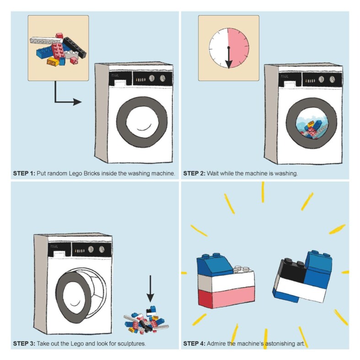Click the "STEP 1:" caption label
[24, 173]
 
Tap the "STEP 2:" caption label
[194, 173]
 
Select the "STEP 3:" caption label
[24, 344]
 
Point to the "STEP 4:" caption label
[194, 344]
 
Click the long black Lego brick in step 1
[75, 47]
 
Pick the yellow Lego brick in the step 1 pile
[53, 62]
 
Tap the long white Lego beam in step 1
[46, 41]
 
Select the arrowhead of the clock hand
[229, 64]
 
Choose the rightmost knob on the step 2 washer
[332, 80]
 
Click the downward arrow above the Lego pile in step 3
[150, 289]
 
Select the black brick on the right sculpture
[292, 271]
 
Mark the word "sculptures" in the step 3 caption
[132, 344]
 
